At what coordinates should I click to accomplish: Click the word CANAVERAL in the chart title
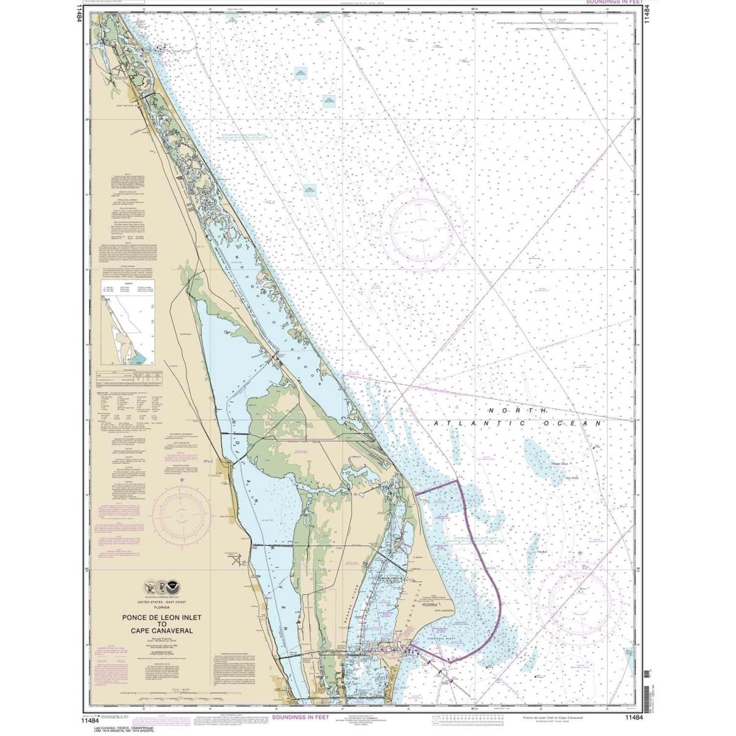tap(175, 631)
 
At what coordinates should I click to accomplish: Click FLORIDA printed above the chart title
tap(157, 606)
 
